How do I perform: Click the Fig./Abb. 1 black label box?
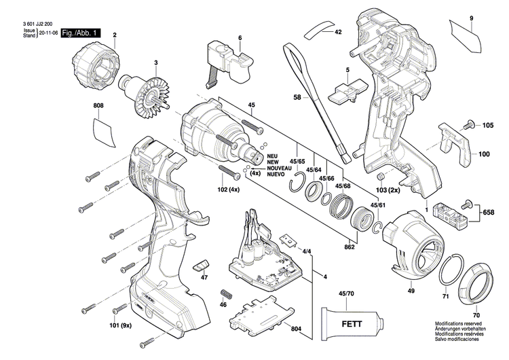(81, 33)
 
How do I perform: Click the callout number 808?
(99, 105)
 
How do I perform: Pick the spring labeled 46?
(226, 296)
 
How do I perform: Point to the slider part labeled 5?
(347, 90)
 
